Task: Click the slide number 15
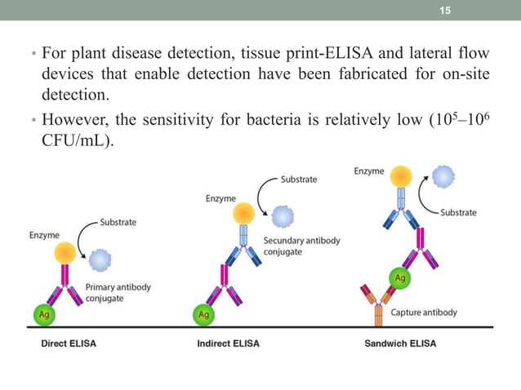point(445,10)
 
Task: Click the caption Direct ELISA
point(69,343)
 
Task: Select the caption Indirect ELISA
point(229,343)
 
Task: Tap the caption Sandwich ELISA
point(400,343)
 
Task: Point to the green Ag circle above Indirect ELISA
point(203,312)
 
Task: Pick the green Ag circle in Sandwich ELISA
point(401,278)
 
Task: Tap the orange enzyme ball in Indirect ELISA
point(243,214)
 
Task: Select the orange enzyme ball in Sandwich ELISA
point(401,178)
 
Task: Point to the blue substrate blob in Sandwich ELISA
point(444,178)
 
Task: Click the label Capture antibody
point(424,312)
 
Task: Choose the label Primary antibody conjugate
point(118,292)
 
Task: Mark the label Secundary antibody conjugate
point(301,246)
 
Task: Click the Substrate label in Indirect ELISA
point(299,179)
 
